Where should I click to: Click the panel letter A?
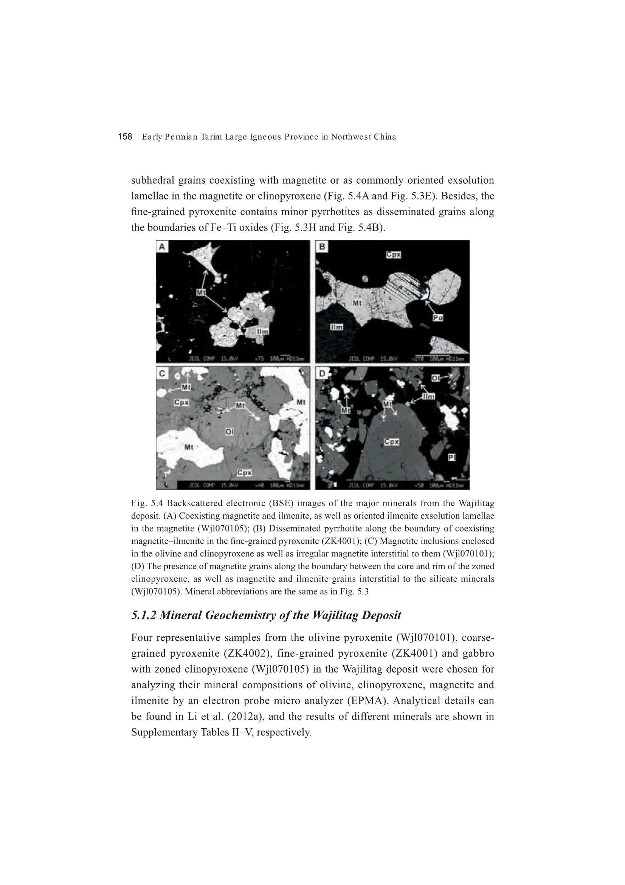tap(162, 247)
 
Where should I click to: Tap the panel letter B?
tap(321, 247)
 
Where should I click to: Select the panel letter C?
tap(162, 373)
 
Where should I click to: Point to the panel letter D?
tap(321, 373)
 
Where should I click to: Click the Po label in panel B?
tap(437, 318)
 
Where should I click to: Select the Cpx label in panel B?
tap(394, 255)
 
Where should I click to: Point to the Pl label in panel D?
tap(452, 457)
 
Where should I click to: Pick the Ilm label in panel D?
tap(428, 396)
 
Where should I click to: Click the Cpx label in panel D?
tap(391, 442)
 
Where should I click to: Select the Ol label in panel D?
tap(436, 378)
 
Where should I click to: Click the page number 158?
tap(125, 137)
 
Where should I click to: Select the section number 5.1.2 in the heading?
tap(144, 615)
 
